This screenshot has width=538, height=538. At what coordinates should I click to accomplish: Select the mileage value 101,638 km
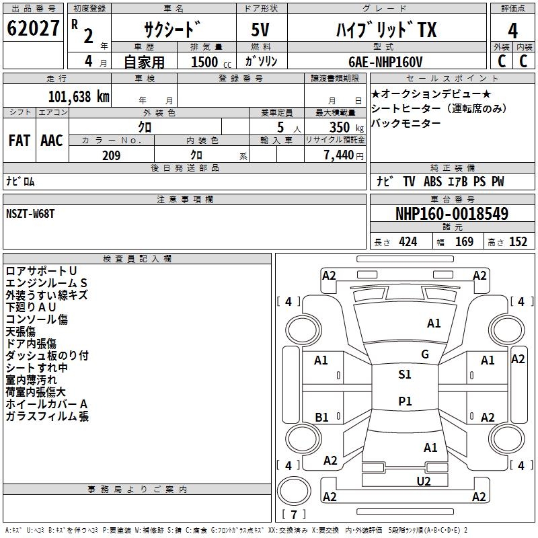pyautogui.click(x=79, y=96)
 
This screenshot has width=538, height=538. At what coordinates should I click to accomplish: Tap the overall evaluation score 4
pyautogui.click(x=512, y=30)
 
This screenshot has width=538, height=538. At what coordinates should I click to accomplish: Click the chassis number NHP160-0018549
pyautogui.click(x=452, y=214)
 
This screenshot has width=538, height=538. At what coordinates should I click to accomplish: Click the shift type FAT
pyautogui.click(x=20, y=141)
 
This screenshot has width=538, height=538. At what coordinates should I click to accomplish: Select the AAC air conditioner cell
pyautogui.click(x=52, y=141)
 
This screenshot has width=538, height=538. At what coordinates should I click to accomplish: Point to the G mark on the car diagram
pyautogui.click(x=425, y=354)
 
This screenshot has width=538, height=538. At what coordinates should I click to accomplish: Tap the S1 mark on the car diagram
pyautogui.click(x=404, y=375)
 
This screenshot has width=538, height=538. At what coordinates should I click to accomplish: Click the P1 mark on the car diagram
pyautogui.click(x=404, y=401)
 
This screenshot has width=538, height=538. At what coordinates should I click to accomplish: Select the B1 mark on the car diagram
pyautogui.click(x=321, y=417)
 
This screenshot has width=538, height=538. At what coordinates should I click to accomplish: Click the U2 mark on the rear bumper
pyautogui.click(x=423, y=480)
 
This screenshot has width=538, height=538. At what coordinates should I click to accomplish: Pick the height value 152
pyautogui.click(x=518, y=242)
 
